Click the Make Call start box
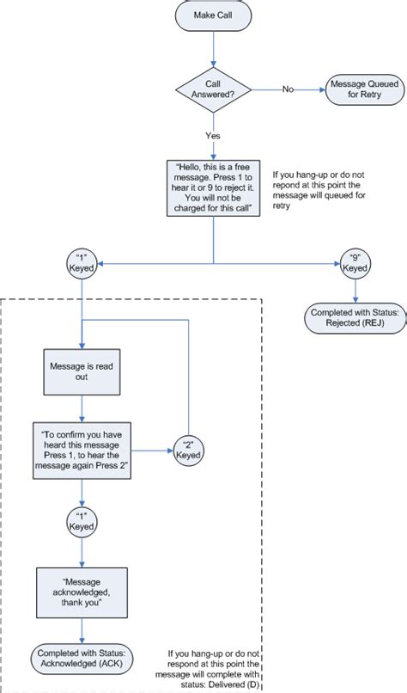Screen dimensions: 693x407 [x=211, y=15]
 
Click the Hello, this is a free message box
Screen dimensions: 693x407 [x=213, y=189]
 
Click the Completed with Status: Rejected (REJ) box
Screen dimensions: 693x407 [x=355, y=318]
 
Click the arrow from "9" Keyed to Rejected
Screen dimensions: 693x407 [x=355, y=290]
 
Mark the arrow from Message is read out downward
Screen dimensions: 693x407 [x=81, y=408]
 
